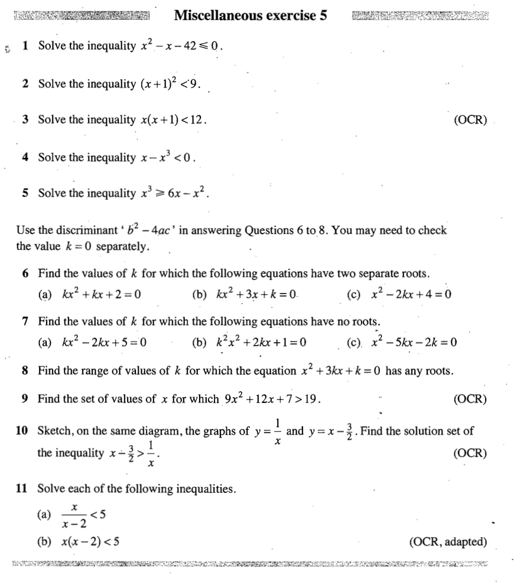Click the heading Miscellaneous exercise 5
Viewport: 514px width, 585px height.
pos(251,16)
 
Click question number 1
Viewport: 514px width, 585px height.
pos(25,46)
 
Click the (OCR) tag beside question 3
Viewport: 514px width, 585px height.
pos(470,121)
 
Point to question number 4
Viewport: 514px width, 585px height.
pos(25,157)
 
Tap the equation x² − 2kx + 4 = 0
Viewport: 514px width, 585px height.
pos(412,294)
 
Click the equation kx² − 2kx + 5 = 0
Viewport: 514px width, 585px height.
pos(104,342)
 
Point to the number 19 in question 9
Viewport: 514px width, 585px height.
pos(311,399)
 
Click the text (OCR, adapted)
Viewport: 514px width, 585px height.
pos(448,541)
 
